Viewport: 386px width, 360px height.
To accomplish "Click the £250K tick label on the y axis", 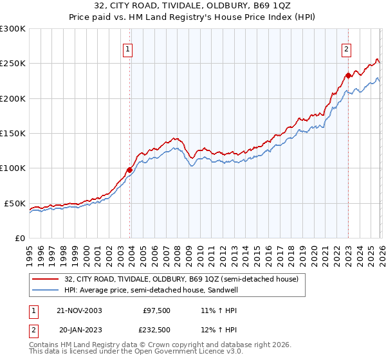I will click(x=13, y=64).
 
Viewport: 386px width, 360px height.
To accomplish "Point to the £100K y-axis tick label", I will click(x=13, y=168).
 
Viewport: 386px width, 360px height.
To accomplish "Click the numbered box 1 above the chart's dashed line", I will click(x=128, y=49).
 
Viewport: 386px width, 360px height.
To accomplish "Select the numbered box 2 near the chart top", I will click(x=346, y=49).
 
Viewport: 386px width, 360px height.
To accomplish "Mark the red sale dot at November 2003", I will click(x=130, y=170).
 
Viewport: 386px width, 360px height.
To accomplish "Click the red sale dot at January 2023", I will click(x=348, y=75).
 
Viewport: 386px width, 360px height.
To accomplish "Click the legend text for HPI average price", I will click(x=149, y=291).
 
